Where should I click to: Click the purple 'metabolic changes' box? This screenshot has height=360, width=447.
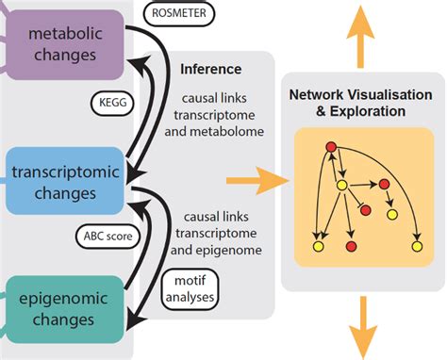click(x=67, y=44)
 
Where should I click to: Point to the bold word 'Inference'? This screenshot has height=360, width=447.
click(x=210, y=69)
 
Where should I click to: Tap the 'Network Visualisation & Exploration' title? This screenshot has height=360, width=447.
click(x=360, y=103)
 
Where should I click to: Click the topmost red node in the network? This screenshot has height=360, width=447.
click(x=331, y=146)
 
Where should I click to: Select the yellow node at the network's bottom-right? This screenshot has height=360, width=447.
click(x=416, y=246)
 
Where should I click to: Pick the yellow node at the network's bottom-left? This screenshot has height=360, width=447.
click(x=318, y=247)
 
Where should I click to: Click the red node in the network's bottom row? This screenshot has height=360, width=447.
click(x=351, y=247)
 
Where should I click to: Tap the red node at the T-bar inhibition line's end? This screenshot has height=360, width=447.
click(x=364, y=207)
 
